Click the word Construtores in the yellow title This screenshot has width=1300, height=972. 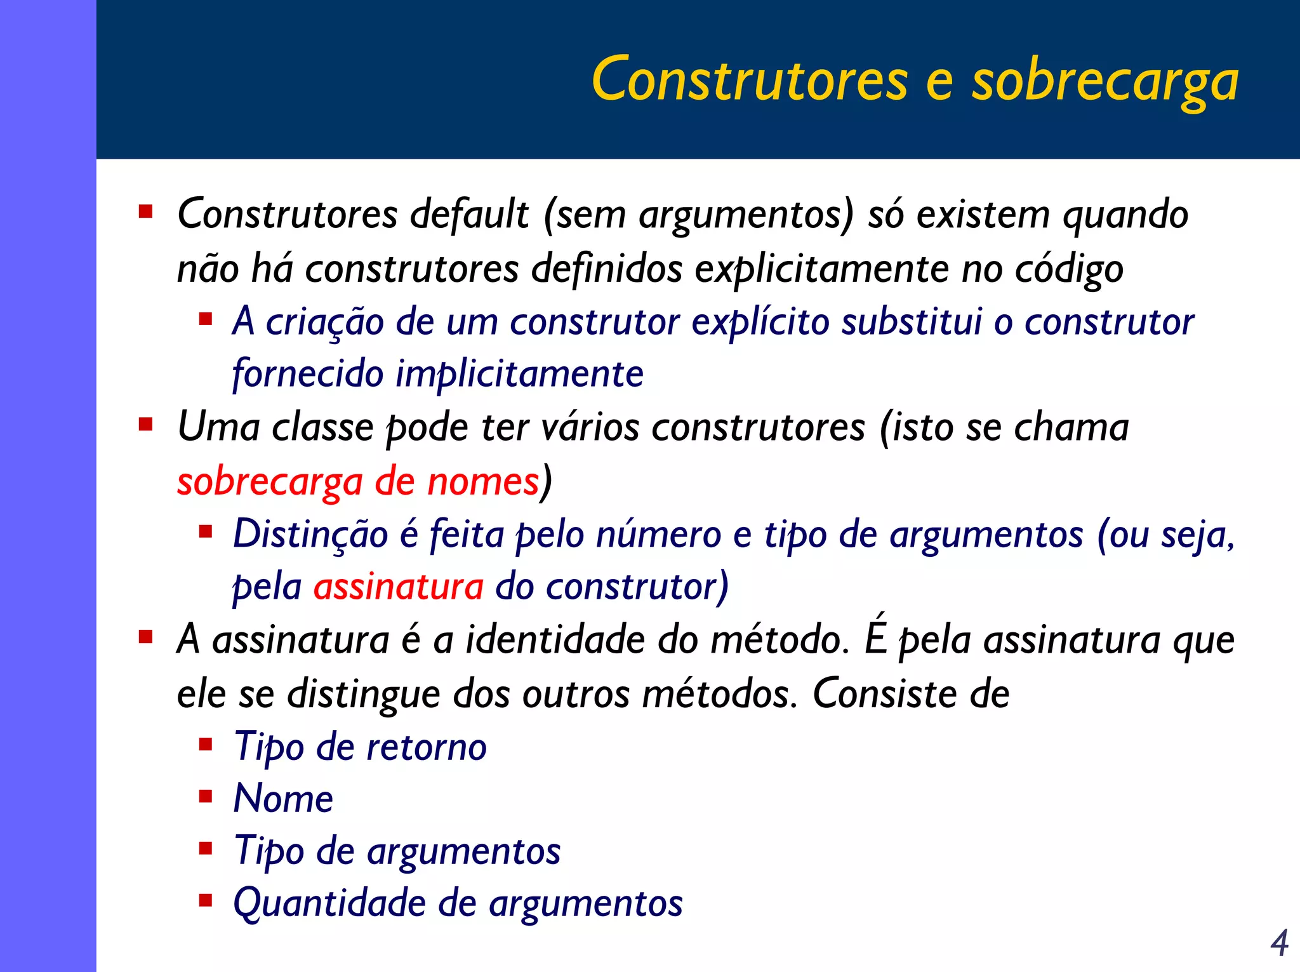(750, 79)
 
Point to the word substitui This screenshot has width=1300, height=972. (912, 322)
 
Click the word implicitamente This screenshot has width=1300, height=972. (519, 374)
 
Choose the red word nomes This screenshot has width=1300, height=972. (482, 482)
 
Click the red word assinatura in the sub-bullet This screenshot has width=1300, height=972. (399, 587)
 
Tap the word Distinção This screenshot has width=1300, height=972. (310, 535)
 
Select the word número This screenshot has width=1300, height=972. (658, 535)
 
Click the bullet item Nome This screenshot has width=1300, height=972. (283, 799)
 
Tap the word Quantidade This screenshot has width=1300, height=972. (329, 903)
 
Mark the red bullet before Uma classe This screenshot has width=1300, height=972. (146, 423)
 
